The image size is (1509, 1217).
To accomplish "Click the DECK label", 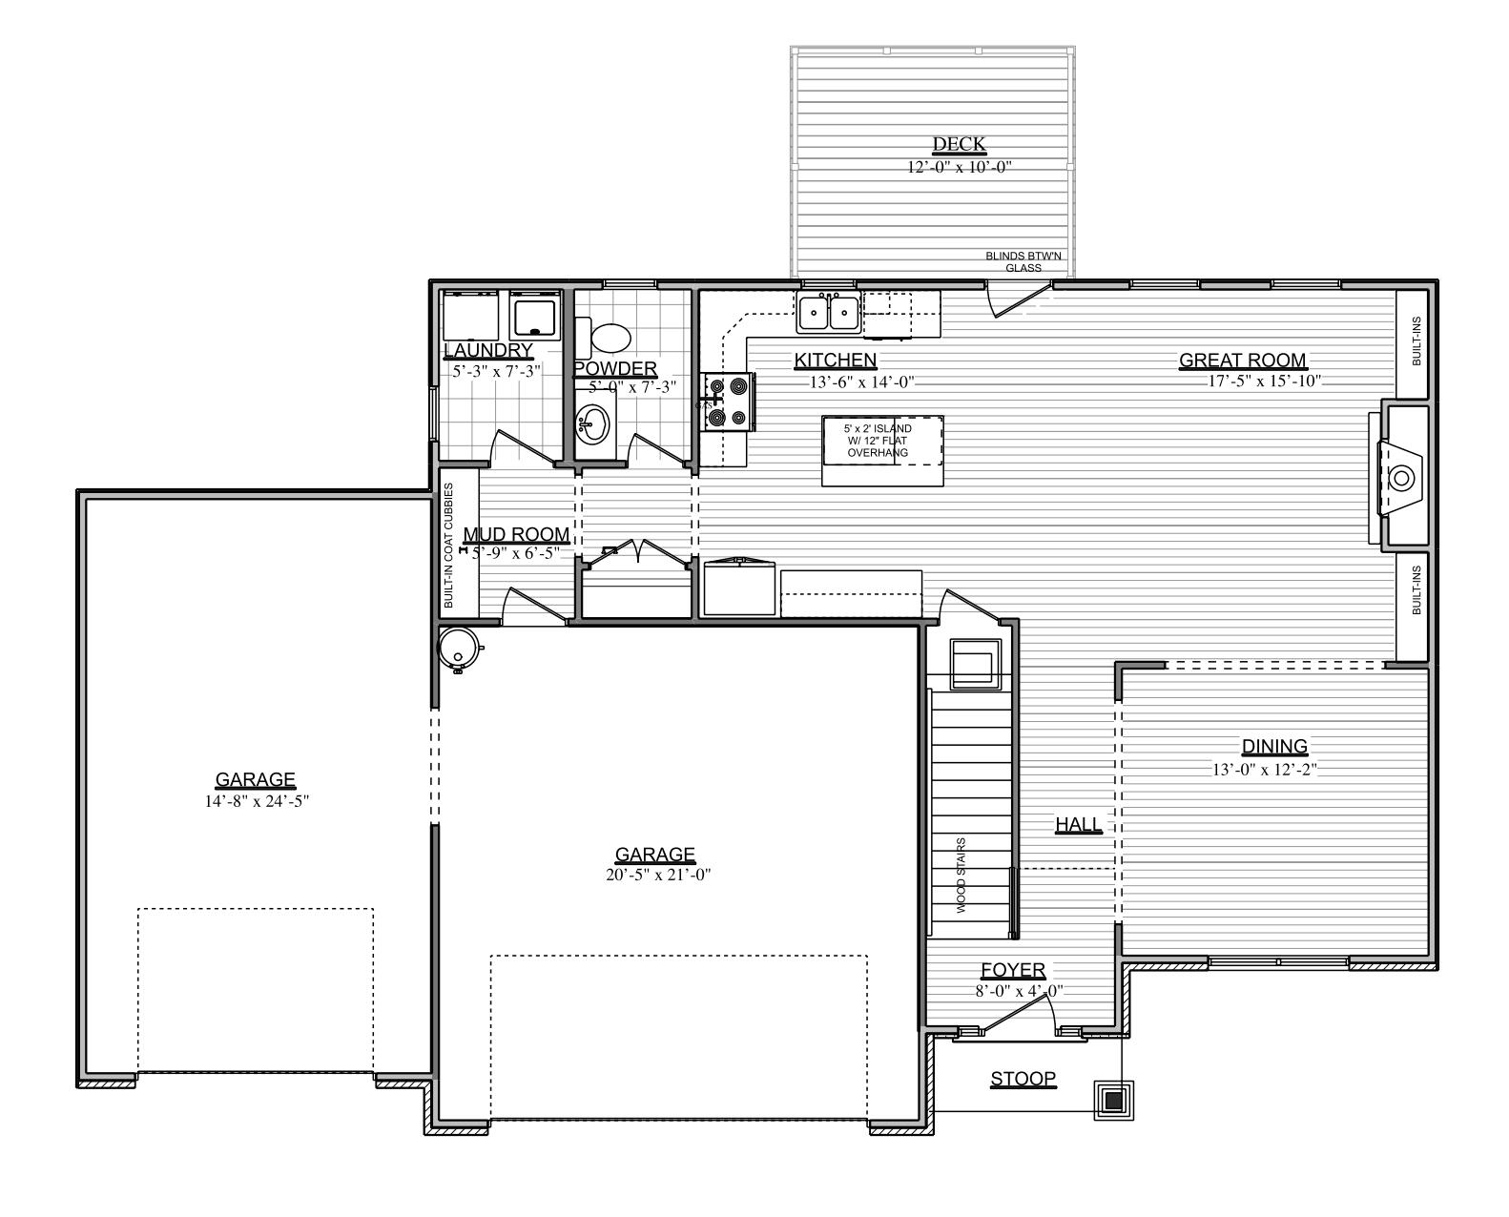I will [x=959, y=145].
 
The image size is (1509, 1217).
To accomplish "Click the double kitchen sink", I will [x=828, y=313].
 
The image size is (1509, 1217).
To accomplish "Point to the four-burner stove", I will [x=729, y=402].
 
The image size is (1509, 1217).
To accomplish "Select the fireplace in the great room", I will [x=1402, y=477].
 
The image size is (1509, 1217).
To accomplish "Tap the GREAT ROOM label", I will [x=1242, y=361].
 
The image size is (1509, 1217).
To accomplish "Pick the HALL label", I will [x=1078, y=825].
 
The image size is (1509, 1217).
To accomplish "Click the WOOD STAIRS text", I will [x=961, y=876].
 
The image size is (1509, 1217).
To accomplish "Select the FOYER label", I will [x=1013, y=971].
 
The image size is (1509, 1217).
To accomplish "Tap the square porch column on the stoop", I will [x=1113, y=1101].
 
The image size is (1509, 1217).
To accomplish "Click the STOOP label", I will [x=1023, y=1080].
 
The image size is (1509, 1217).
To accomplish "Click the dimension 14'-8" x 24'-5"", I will [x=256, y=802].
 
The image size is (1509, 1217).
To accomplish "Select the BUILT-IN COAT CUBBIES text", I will [x=448, y=546].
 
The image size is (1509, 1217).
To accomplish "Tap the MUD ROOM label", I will [x=516, y=535].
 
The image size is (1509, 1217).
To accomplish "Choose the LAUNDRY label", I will [x=487, y=351].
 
